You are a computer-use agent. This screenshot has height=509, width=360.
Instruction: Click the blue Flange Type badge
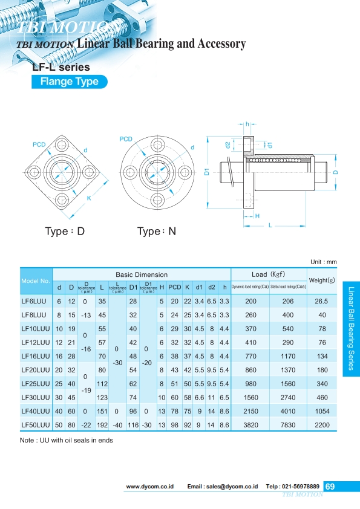coord(69,82)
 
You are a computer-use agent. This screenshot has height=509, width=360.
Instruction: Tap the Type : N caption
coord(157,232)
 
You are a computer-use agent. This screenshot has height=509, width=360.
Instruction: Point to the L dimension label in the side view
coord(270,224)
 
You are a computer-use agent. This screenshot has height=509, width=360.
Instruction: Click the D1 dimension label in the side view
coord(206,172)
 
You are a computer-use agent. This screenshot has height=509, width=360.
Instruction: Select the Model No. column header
coord(36,281)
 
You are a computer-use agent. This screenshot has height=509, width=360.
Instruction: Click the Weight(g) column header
coord(322,280)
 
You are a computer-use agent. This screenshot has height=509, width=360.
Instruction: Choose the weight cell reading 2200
coord(322,426)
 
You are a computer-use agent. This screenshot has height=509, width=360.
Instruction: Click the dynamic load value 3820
coord(250,426)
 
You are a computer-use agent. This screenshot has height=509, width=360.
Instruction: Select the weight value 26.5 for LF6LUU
coord(322,300)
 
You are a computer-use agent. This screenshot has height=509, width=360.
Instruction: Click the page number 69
coord(330,486)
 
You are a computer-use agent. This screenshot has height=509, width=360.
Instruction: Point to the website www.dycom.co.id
coord(150,487)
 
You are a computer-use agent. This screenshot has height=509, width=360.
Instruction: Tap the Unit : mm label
coord(323,262)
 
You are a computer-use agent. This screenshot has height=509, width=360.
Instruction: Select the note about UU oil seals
coord(67,440)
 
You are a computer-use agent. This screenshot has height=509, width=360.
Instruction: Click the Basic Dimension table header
coord(142,274)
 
